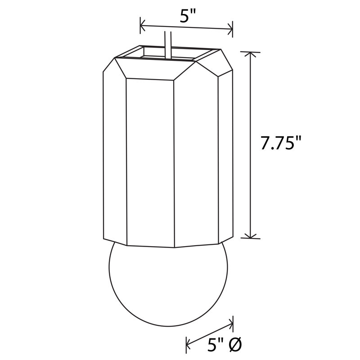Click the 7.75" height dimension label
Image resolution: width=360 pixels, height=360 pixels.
[x=281, y=143]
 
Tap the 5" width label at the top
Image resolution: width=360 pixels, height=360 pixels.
[x=187, y=16]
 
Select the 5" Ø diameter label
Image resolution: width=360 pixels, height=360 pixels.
[x=224, y=345]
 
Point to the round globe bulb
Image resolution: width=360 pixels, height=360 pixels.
[x=168, y=286]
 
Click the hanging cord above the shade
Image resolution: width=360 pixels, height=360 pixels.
[x=168, y=45]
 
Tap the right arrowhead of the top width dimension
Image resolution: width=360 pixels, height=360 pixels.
[x=230, y=29]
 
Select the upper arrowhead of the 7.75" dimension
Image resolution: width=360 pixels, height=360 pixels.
[x=250, y=55]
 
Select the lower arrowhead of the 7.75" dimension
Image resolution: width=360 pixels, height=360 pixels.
[x=250, y=235]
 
